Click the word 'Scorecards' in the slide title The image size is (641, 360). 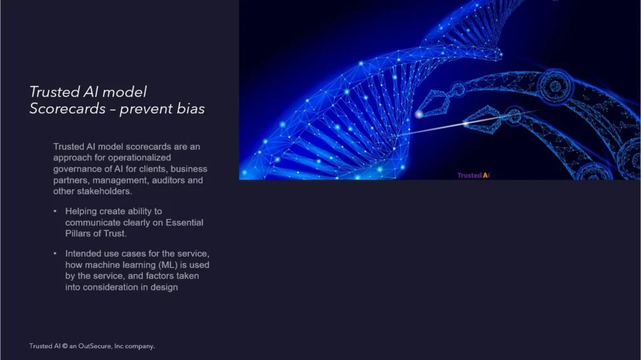tap(68, 109)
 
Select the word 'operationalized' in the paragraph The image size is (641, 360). tap(140, 158)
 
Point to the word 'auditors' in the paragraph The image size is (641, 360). tap(168, 180)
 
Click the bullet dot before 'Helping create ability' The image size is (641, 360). tap(55, 211)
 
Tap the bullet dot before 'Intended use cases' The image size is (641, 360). tap(55, 253)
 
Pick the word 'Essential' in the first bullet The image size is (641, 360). tap(185, 222)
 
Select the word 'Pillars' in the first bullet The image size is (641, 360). tap(78, 234)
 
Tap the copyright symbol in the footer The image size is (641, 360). tap(64, 346)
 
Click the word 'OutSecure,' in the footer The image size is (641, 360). tap(95, 346)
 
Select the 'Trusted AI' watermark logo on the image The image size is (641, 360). tap(473, 175)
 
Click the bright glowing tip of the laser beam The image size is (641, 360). tap(419, 115)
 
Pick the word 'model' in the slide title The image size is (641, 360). tap(125, 92)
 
